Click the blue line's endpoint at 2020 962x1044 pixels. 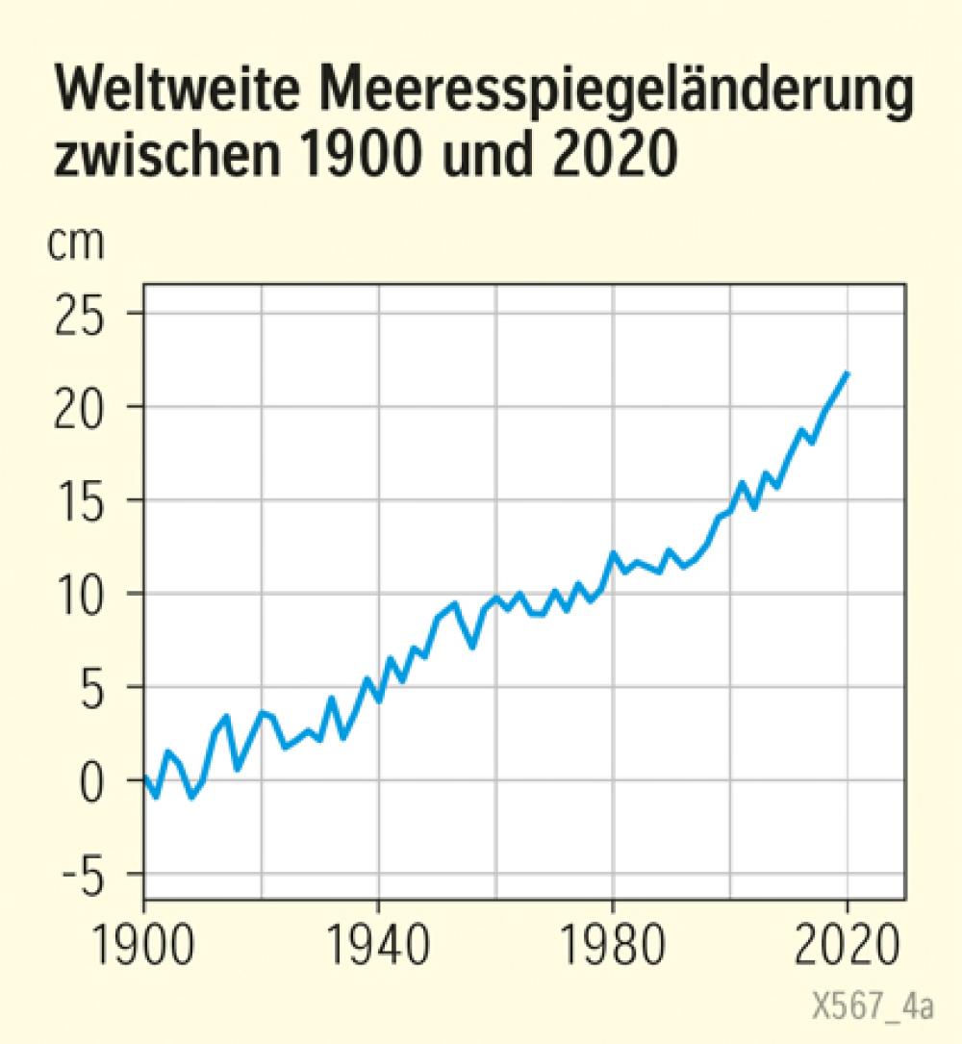coord(847,373)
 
